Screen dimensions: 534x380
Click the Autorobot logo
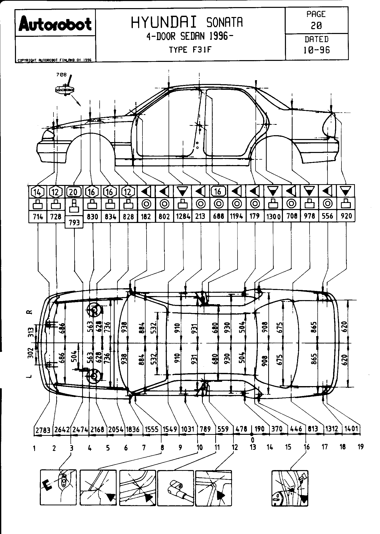(55, 24)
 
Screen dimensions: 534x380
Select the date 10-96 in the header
(317, 50)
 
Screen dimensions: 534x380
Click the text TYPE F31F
(190, 49)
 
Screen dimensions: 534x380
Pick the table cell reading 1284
(183, 216)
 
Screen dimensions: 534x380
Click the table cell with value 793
(74, 222)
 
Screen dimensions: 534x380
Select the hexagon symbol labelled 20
(74, 192)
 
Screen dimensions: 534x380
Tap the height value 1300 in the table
(273, 216)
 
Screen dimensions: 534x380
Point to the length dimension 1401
(351, 429)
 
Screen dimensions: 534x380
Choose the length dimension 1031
(188, 429)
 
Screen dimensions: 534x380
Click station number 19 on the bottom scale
(360, 447)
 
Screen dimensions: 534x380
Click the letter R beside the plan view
(30, 312)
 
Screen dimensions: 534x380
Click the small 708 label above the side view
(62, 75)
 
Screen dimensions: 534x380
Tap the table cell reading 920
(346, 216)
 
